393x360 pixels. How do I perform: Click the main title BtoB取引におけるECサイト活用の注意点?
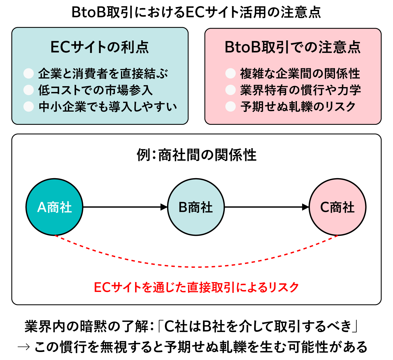click(196, 12)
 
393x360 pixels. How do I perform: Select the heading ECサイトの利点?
click(100, 47)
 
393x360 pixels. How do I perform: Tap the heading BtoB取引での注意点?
click(293, 47)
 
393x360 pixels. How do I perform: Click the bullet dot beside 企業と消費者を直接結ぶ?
click(29, 73)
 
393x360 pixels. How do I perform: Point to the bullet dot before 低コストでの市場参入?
click(29, 90)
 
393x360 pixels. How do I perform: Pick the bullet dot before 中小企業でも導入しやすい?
click(29, 106)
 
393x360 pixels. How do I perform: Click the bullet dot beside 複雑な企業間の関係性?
click(230, 73)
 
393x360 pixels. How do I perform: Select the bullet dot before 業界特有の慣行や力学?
click(230, 90)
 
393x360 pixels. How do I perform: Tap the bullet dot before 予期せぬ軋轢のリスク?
click(230, 106)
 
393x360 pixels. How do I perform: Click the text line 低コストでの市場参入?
click(95, 90)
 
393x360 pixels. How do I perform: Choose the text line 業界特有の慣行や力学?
click(301, 90)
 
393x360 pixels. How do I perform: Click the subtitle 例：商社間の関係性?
click(196, 155)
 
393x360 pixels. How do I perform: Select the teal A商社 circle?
click(54, 207)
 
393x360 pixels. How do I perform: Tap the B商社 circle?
click(196, 207)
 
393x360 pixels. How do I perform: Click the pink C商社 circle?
click(337, 207)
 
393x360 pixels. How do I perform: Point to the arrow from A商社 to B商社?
click(125, 207)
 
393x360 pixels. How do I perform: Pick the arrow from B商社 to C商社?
click(267, 207)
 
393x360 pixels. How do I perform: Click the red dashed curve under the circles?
click(196, 267)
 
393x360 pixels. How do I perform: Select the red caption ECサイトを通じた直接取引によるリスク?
click(196, 287)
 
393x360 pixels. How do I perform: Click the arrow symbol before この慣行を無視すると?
click(24, 347)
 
